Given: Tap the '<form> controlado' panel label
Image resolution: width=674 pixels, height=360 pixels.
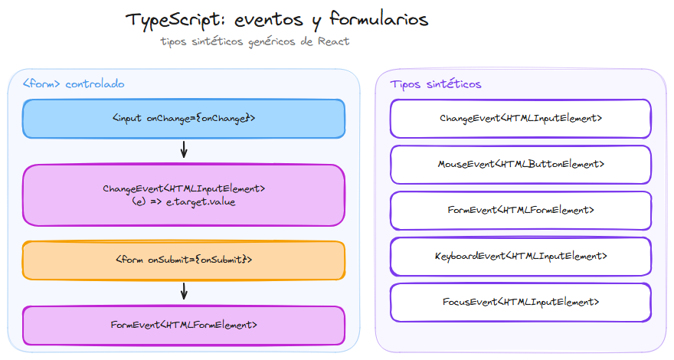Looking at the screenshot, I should click(74, 83).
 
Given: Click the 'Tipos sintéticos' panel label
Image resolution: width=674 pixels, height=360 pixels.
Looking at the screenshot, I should click(435, 83).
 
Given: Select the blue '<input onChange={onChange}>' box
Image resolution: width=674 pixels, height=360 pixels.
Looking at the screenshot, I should click(184, 119).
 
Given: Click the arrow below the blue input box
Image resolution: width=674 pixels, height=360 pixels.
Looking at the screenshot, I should click(184, 149).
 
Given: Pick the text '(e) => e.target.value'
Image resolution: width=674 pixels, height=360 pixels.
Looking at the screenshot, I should click(184, 202).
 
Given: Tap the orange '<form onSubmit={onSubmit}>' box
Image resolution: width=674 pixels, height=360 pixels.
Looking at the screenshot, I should click(184, 260).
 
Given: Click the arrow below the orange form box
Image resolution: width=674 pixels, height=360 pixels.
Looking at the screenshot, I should click(184, 291).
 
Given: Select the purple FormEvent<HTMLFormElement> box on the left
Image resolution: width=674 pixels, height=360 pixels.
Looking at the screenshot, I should click(184, 325).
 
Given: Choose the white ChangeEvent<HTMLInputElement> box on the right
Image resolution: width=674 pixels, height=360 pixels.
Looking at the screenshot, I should click(521, 119).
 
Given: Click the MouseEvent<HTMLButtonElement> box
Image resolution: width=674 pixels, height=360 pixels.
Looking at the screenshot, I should click(521, 164).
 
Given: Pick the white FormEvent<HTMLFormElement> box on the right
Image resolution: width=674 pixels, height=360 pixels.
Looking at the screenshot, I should click(521, 210).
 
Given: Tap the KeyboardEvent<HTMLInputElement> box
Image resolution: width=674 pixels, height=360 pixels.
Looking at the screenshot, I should click(521, 256).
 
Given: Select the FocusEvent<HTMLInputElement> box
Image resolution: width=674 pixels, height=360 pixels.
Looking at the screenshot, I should click(521, 302).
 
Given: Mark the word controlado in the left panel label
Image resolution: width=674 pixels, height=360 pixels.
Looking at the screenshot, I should click(95, 83).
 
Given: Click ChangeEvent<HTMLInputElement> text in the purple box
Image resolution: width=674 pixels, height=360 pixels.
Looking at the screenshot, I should click(184, 188).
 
